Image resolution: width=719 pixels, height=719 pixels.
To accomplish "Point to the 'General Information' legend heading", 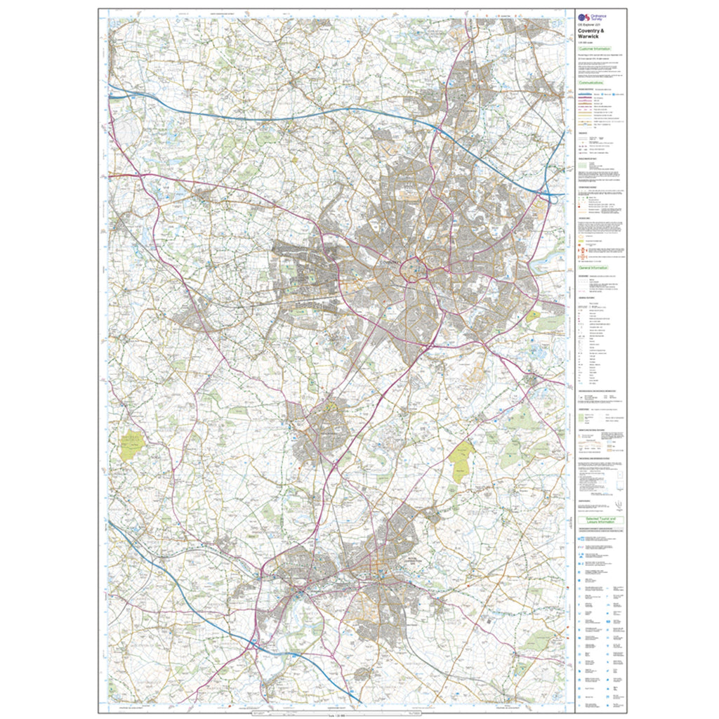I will (x=593, y=268).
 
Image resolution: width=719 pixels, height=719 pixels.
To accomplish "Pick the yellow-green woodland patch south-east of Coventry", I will (x=462, y=461).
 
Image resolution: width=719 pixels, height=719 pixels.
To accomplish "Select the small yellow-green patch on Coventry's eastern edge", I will (x=533, y=316).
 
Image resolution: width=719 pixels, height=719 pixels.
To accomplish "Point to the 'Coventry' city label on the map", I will (x=390, y=261).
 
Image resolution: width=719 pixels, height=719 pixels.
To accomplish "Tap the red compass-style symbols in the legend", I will (x=582, y=242).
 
